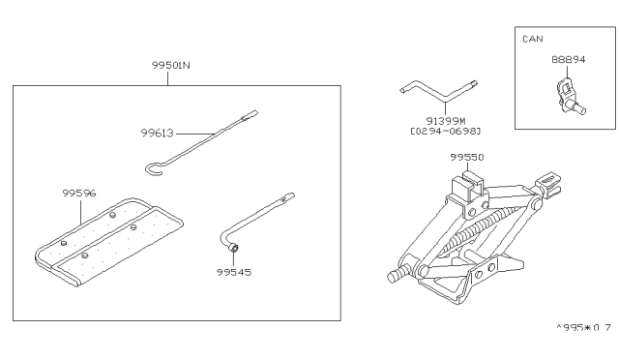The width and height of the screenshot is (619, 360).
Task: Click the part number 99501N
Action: pos(170,65)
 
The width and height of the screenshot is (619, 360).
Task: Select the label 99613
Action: pos(157,134)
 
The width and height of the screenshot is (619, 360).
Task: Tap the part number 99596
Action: pos(79,193)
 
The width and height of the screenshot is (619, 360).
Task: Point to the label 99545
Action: pos(234,272)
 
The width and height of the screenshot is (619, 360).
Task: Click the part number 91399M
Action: pos(446,121)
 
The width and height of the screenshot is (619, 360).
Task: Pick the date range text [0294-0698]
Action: pos(446,131)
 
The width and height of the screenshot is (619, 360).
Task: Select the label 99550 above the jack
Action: pos(466,158)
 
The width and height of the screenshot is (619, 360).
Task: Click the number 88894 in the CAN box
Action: pos(568,60)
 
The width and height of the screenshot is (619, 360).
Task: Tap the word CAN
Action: pos(533,39)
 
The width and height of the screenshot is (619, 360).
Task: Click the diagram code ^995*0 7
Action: pos(583,328)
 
